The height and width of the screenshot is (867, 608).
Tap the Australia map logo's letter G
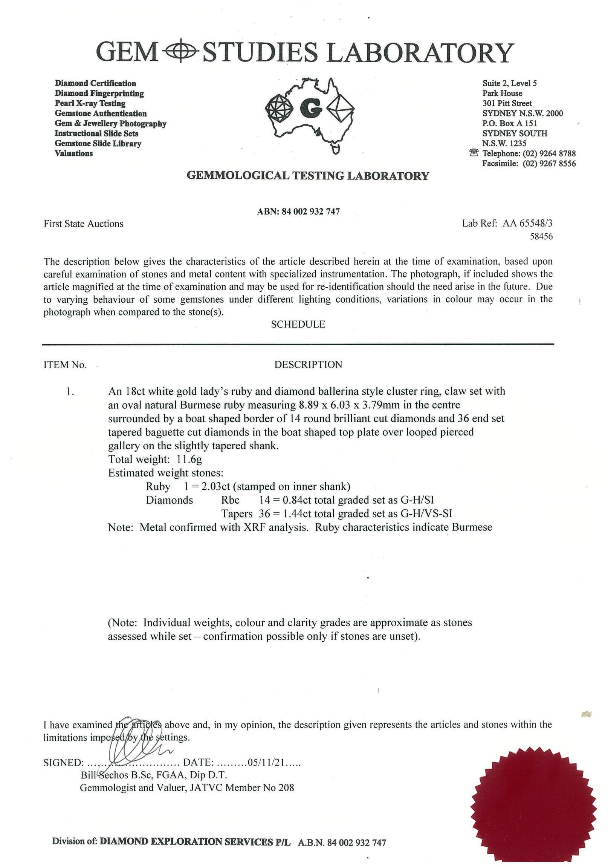[x=310, y=109]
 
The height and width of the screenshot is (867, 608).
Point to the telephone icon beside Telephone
[x=474, y=153]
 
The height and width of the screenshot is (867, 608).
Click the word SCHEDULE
[x=298, y=324]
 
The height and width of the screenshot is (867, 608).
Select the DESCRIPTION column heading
[x=308, y=365]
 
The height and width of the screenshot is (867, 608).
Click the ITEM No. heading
[x=65, y=365]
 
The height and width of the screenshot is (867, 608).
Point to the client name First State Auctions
[x=83, y=224]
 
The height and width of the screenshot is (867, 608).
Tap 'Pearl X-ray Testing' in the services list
[x=90, y=103]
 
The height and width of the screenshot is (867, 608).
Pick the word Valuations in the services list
[x=73, y=153]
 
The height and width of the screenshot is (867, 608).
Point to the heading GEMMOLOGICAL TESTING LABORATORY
[x=308, y=176]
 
